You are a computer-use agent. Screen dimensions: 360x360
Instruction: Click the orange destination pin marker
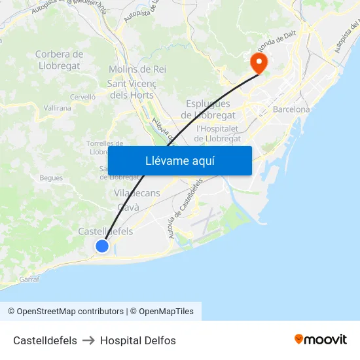pos(259,63)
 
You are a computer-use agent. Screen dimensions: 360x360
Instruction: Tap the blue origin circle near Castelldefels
pos(102,246)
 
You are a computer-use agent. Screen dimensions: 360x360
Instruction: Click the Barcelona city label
pos(291,109)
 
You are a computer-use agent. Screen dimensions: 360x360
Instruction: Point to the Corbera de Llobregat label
pos(59,60)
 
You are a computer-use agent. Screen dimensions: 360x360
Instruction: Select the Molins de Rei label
pos(137,69)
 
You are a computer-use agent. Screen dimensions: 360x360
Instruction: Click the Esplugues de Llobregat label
pos(208,109)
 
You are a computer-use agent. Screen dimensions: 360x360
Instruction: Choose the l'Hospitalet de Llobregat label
pos(219,133)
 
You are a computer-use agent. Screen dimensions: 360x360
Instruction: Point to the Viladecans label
pos(137,193)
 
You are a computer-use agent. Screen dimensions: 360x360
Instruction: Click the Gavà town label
pos(128,207)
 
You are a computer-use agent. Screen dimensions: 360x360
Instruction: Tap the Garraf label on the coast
pos(29,279)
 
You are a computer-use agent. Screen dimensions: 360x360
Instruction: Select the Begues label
pos(51,177)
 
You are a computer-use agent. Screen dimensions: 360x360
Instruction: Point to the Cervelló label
pos(82,96)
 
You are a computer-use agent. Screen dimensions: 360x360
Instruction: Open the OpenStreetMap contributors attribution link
pos(65,312)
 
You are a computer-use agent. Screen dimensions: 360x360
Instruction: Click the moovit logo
pos(320,339)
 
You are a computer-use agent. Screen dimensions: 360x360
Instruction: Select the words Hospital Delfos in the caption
pos(138,340)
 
